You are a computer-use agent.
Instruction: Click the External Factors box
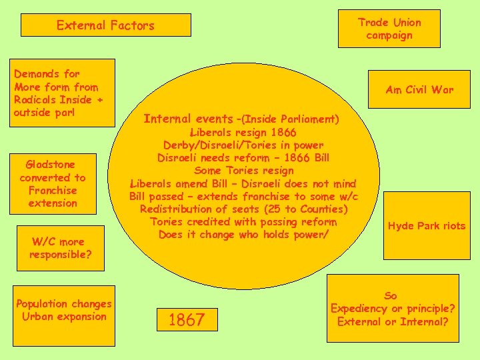point(105,25)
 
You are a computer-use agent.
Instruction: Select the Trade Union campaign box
point(389,29)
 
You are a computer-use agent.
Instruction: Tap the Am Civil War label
point(419,90)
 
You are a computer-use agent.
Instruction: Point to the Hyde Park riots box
point(427,226)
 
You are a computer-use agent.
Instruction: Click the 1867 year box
point(187,320)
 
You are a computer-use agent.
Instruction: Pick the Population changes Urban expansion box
point(64,310)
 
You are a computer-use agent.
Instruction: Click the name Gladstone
point(50,165)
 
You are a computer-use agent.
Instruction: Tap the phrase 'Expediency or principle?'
point(393,309)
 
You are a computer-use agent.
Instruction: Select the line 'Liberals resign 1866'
point(243,132)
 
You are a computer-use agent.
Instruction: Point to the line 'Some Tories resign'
point(243,171)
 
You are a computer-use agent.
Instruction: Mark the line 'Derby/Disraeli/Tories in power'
point(243,145)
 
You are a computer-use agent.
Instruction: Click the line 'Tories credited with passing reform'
point(243,222)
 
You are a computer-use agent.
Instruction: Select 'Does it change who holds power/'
point(243,235)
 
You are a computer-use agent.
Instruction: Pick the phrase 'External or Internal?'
point(393,321)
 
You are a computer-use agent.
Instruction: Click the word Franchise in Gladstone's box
point(53,190)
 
